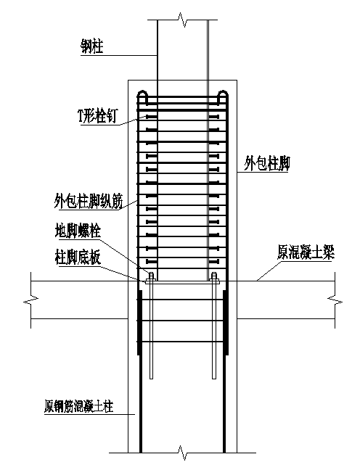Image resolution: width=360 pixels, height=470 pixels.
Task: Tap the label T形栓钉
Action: [x=91, y=115]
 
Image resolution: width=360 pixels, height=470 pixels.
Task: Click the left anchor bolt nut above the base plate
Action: [x=150, y=276]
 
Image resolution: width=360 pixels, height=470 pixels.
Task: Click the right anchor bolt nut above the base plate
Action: [x=214, y=276]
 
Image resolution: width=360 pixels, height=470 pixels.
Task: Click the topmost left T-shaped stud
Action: [x=150, y=116]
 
